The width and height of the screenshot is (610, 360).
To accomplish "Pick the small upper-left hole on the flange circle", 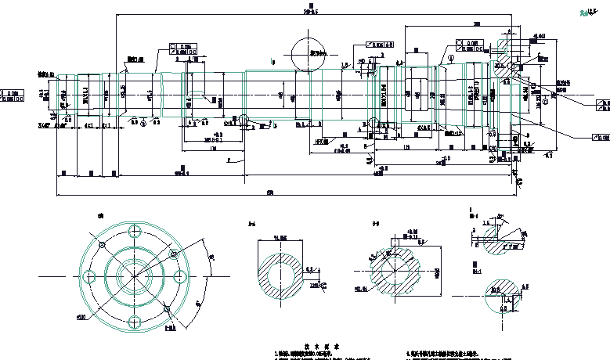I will click(x=102, y=246).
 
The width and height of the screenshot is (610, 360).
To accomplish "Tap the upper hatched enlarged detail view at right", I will click(x=502, y=239).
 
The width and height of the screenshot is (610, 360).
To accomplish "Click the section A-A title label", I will click(x=251, y=225).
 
